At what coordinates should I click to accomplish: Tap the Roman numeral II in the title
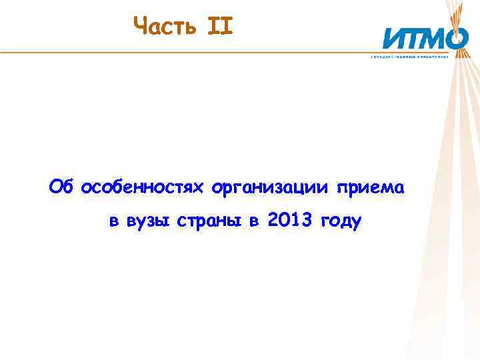tap(219, 26)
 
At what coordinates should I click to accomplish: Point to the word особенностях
tap(143, 189)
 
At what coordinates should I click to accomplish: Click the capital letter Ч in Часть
tap(140, 26)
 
